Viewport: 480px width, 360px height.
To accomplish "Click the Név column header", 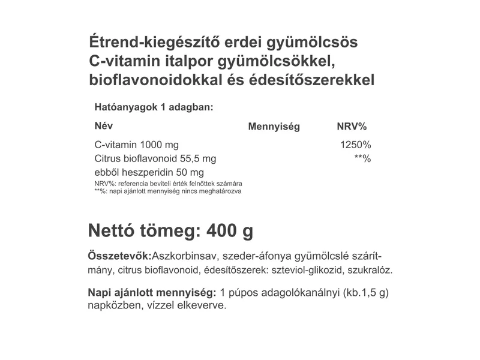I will click(x=103, y=126).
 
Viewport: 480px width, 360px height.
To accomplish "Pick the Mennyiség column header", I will click(x=274, y=127).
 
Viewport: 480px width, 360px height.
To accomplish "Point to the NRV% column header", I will click(x=352, y=127).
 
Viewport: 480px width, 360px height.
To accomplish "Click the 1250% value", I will click(x=356, y=145).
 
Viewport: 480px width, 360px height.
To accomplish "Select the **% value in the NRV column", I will click(x=362, y=159).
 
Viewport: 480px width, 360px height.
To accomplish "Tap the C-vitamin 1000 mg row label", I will click(x=136, y=145).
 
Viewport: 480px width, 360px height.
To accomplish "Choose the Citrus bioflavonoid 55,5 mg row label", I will click(x=155, y=159).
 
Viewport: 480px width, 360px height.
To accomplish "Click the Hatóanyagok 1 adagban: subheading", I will click(x=154, y=107).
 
